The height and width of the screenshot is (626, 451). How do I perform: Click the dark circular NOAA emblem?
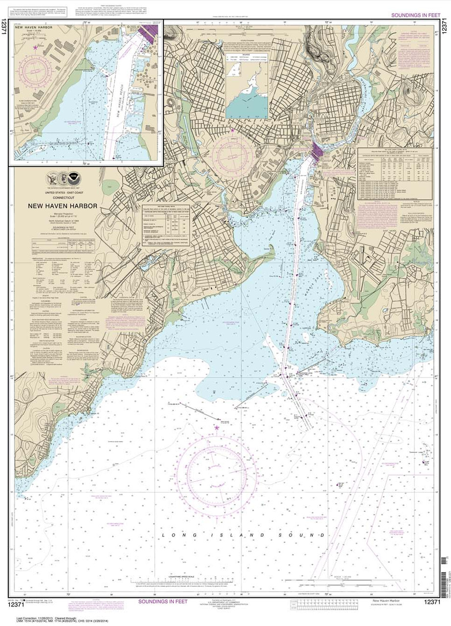point(73,178)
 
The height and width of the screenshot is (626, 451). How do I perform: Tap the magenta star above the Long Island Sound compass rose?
point(216,427)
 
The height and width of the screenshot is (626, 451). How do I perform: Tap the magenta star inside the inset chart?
point(35,47)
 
